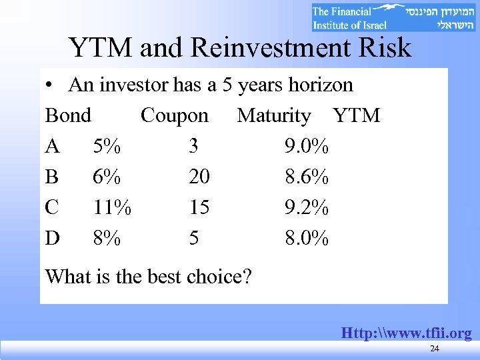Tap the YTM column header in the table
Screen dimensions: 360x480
click(x=357, y=115)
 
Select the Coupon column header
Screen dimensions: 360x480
click(x=175, y=115)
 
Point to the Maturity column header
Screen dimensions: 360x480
click(x=274, y=115)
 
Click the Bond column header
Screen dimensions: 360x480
click(x=68, y=115)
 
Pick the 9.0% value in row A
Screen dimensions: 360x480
click(x=307, y=146)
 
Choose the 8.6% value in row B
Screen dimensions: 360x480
click(x=307, y=177)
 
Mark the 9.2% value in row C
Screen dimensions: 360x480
click(x=307, y=207)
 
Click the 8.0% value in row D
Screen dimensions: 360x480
click(x=307, y=238)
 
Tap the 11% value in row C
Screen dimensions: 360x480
click(x=112, y=207)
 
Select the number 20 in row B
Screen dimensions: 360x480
click(x=199, y=177)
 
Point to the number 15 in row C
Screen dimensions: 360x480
click(x=199, y=207)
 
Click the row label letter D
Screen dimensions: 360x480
click(x=52, y=238)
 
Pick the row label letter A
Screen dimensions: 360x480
click(x=52, y=146)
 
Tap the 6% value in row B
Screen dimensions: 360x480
click(x=107, y=177)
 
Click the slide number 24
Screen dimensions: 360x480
click(x=434, y=349)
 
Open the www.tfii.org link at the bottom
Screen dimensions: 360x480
click(x=406, y=333)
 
